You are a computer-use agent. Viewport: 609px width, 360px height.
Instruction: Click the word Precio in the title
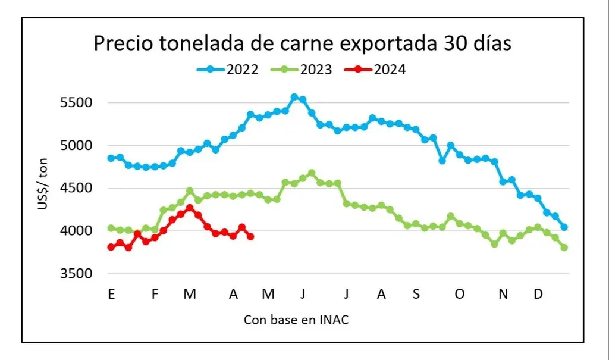tap(122, 45)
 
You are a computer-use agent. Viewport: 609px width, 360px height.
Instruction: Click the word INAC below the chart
tap(334, 320)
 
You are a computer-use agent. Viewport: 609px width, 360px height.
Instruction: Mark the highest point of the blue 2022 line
tap(294, 97)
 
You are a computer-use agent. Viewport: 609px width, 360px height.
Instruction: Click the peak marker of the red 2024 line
tap(190, 208)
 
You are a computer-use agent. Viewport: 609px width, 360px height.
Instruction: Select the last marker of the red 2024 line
tap(250, 237)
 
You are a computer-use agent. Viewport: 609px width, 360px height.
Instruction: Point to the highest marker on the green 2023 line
tap(312, 173)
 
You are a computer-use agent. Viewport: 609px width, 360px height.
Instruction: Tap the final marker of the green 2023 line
tap(564, 248)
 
